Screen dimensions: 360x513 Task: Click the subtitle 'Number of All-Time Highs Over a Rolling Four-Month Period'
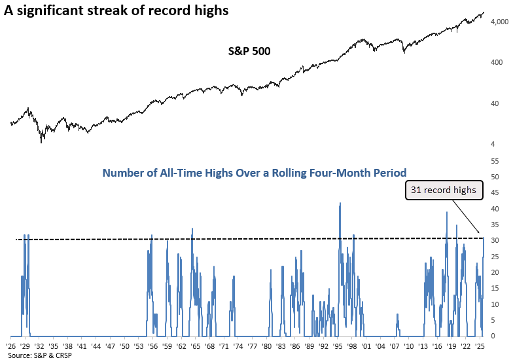click(x=255, y=173)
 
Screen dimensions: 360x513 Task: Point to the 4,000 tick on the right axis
click(x=499, y=22)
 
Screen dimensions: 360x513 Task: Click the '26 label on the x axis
click(x=10, y=344)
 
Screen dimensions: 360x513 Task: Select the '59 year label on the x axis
click(x=167, y=344)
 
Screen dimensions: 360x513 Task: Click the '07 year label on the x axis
click(x=395, y=344)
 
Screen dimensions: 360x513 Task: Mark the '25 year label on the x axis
click(x=480, y=344)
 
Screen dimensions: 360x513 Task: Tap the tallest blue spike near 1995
click(x=340, y=204)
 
